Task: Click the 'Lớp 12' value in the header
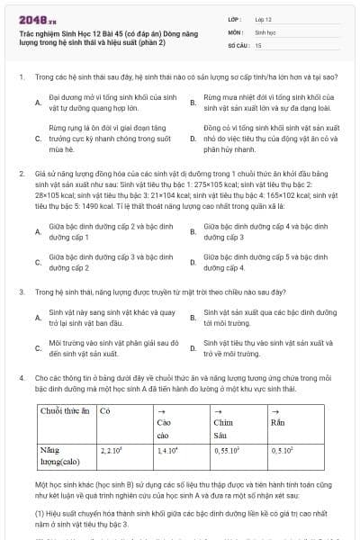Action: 262,18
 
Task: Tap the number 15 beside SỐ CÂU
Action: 258,43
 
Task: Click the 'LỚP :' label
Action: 235,18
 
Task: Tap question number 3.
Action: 21,292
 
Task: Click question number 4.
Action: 21,377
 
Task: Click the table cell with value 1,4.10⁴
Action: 168,449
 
